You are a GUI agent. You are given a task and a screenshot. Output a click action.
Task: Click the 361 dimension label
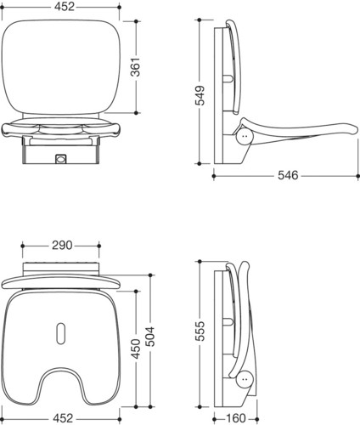point(136,67)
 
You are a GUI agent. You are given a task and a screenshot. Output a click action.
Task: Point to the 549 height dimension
point(200,95)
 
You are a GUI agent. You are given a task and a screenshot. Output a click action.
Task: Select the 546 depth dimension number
point(288,175)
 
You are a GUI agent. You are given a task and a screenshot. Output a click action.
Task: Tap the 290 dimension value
point(62,246)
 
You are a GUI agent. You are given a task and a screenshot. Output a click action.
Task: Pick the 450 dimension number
point(136,348)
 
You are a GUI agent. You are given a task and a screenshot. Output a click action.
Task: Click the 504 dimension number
point(150,337)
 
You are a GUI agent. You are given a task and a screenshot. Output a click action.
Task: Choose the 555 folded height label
point(200,331)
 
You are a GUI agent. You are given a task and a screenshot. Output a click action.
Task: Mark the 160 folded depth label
point(235,418)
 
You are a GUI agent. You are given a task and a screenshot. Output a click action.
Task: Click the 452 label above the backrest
point(65,7)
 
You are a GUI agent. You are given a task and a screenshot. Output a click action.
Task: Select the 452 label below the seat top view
point(63,418)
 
